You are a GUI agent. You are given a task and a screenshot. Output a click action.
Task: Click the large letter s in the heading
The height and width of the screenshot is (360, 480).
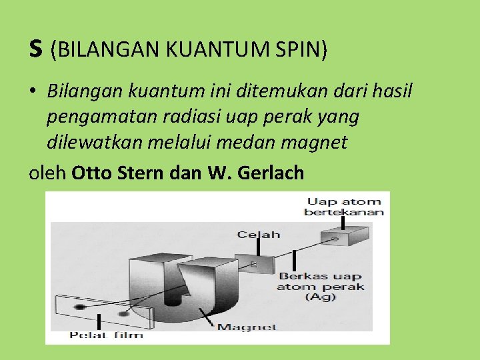(36, 49)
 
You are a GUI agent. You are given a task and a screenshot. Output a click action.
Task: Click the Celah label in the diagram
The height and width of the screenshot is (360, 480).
(259, 234)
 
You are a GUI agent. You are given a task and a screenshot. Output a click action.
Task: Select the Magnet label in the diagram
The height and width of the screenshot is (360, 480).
(247, 327)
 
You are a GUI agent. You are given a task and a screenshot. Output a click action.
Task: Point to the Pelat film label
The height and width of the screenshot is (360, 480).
(106, 334)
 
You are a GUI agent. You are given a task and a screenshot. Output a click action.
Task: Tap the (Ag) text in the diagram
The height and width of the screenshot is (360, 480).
(321, 297)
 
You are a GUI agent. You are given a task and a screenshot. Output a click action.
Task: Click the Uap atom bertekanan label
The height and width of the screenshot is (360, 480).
(344, 207)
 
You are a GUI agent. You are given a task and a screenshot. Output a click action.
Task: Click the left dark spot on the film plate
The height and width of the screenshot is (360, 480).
(79, 306)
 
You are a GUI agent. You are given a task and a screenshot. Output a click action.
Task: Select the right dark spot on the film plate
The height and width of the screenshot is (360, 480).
(122, 312)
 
